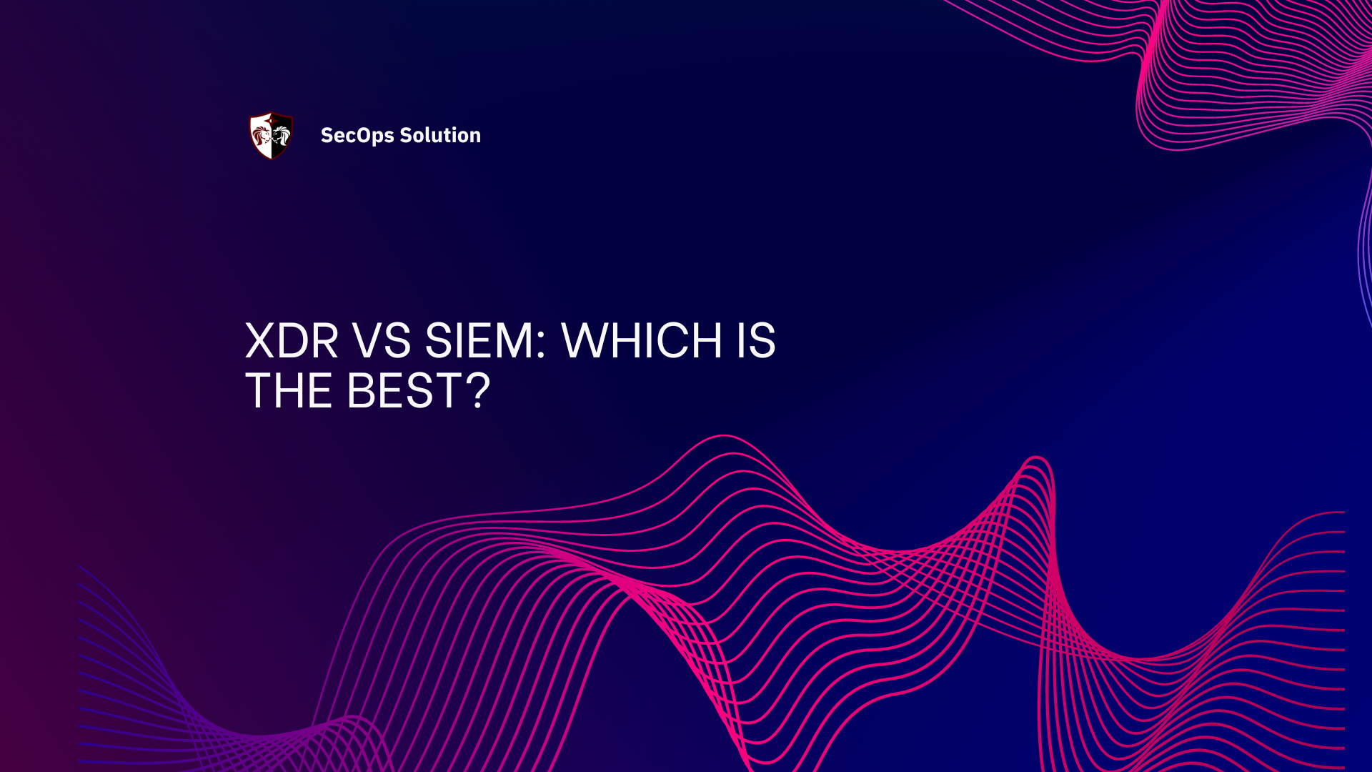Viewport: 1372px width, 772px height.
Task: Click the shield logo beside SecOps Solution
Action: [x=271, y=135]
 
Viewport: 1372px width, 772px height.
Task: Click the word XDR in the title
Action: [x=292, y=341]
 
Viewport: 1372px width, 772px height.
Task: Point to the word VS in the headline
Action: [x=382, y=341]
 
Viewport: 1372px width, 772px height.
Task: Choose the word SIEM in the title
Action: [x=479, y=341]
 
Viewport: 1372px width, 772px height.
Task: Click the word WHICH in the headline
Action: [x=642, y=341]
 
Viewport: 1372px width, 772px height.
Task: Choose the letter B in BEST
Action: [x=362, y=391]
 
